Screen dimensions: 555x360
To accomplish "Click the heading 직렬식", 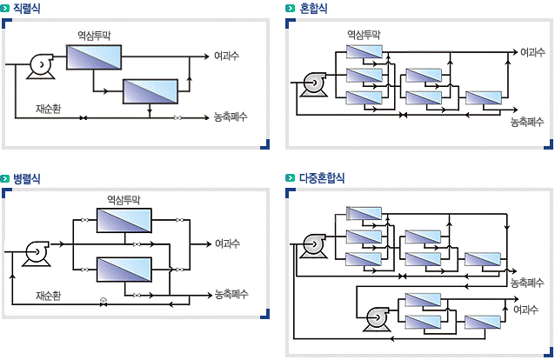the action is point(27,8).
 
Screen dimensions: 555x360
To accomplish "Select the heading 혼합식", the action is point(313,8).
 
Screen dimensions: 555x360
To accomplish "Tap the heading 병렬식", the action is point(27,178).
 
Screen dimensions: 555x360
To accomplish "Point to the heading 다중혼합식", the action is point(322,177).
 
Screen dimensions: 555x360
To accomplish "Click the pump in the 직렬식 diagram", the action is point(42,66).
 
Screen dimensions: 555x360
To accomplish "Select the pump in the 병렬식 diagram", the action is point(37,253).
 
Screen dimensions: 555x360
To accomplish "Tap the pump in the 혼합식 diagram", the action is point(314,84).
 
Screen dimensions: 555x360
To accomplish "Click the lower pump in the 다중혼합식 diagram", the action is point(378,319).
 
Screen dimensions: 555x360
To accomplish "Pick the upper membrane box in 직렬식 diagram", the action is point(94,57).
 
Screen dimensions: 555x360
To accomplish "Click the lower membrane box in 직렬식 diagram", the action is point(150,91).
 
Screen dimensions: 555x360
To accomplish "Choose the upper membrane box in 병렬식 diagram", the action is point(124,221).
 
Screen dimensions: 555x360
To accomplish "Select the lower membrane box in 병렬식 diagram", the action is point(124,270).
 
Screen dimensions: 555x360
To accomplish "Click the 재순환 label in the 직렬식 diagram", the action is point(48,109).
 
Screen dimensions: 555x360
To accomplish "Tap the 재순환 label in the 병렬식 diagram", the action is point(48,296).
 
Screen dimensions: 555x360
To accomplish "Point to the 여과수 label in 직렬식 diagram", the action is point(226,56).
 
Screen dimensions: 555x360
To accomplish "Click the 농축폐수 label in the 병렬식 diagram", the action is point(231,294).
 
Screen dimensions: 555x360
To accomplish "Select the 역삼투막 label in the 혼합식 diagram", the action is point(364,35).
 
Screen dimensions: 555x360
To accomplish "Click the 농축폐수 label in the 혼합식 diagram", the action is point(526,122).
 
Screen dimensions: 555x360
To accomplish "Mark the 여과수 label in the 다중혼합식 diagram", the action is point(526,310).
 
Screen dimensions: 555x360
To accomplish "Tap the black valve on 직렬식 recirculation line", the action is point(84,118).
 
